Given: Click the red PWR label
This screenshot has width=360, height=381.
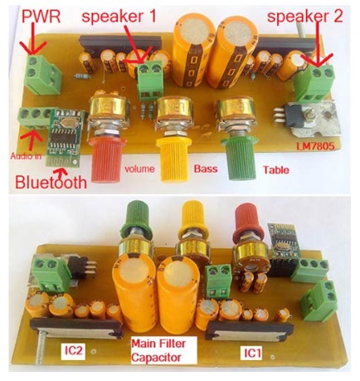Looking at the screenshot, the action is (41, 17).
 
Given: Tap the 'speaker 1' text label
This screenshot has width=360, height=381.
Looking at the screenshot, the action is (119, 17).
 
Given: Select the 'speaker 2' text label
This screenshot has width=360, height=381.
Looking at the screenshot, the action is (305, 17).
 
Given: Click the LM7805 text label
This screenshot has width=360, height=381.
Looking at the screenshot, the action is (315, 146).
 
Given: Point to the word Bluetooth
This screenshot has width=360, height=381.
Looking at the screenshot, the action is (51, 183).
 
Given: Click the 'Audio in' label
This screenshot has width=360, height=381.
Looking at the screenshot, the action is (26, 156).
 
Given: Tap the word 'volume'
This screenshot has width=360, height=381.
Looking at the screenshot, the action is (139, 169).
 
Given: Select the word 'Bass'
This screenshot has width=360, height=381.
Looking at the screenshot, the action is (206, 169).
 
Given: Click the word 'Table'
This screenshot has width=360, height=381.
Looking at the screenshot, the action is (276, 169).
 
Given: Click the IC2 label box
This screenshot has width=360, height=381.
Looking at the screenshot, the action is (73, 351).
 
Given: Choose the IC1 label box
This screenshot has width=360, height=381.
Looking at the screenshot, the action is (253, 353).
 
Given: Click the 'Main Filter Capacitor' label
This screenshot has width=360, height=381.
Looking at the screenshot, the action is (163, 350).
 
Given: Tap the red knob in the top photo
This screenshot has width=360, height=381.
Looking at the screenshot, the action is (106, 160).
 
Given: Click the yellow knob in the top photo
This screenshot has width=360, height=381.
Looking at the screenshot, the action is (173, 160).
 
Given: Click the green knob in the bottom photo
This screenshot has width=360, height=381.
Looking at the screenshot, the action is (138, 219).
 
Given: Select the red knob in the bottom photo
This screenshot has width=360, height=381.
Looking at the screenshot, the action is (249, 222).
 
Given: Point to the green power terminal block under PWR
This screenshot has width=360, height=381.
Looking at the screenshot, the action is (42, 74).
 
